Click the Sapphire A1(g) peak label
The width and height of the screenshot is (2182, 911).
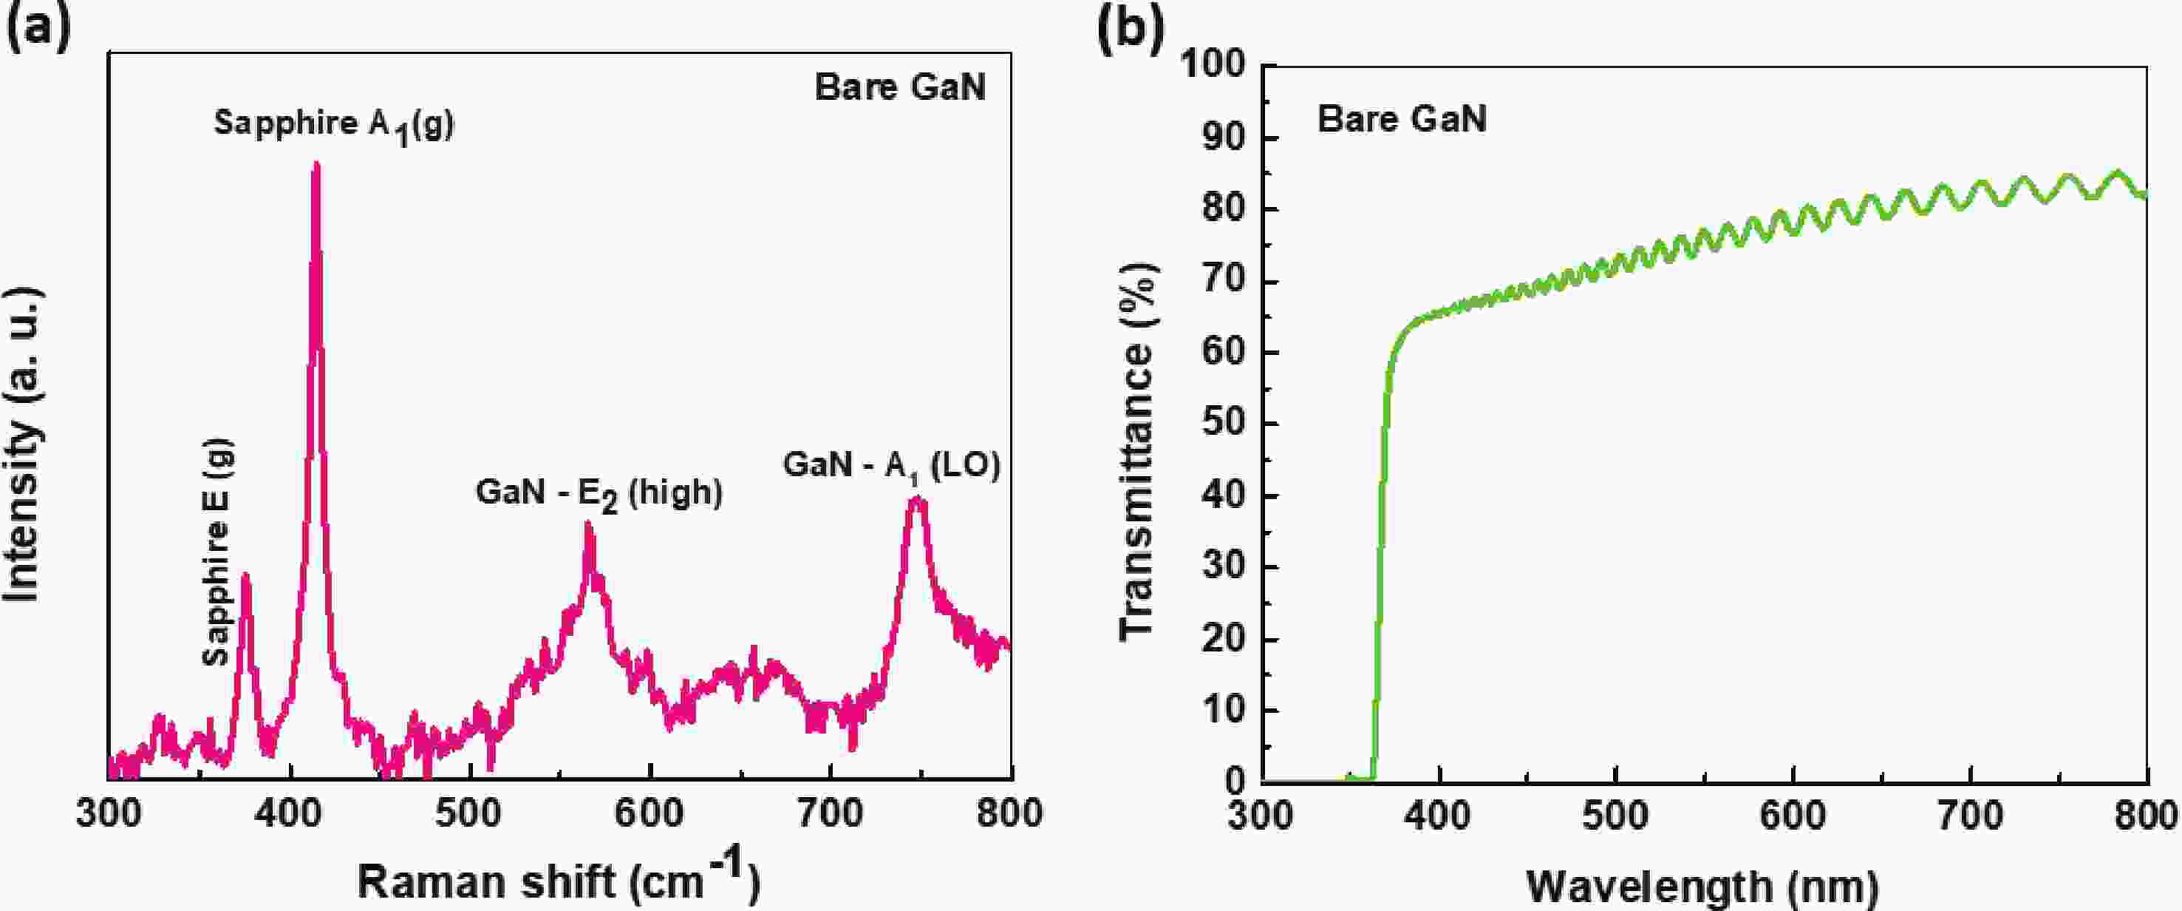coord(334,124)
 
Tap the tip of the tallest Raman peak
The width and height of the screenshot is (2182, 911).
coord(316,163)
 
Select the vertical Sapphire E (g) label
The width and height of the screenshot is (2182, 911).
coord(218,552)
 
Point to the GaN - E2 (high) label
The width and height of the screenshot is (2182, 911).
coord(599,493)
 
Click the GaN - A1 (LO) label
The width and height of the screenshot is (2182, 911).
coord(891,465)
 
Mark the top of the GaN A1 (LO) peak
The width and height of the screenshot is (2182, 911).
coord(916,499)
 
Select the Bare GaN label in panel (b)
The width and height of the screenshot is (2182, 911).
coord(1402,118)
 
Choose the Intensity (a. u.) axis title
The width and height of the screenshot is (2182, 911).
coord(23,445)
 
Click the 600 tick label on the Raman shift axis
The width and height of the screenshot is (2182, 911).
coord(648,813)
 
